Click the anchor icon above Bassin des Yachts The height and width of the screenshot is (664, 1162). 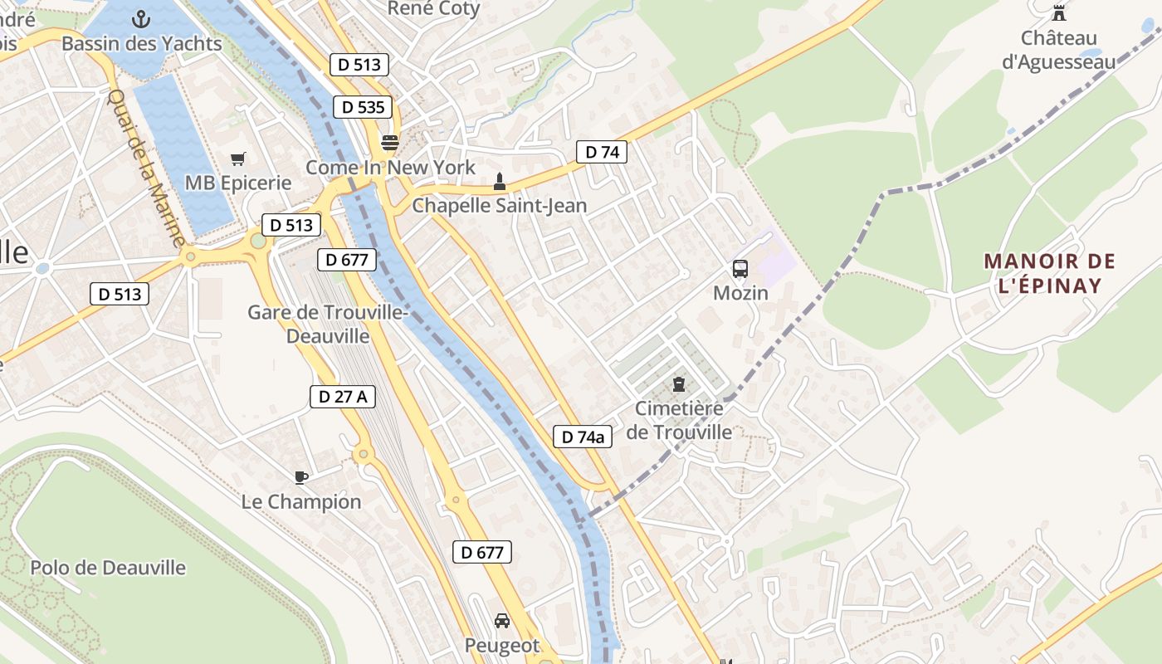pos(141,18)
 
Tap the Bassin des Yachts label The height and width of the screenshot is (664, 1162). pos(142,43)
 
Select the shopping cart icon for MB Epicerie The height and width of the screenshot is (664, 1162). pos(238,159)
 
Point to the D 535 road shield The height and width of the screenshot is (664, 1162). pos(363,106)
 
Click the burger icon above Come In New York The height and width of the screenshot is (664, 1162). pos(389,142)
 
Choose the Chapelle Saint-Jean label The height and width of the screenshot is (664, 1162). pos(499,205)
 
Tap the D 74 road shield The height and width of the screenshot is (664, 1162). pos(602,152)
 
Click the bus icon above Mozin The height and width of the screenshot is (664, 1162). pos(740,269)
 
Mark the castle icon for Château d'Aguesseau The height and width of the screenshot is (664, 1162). pos(1059,13)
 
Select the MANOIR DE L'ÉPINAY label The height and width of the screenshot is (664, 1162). pos(1050,273)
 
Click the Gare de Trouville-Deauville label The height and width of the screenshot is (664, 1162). pos(327,324)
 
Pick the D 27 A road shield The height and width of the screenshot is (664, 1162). pos(343,397)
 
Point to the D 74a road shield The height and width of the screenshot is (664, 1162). pos(583,437)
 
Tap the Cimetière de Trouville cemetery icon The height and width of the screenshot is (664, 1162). pos(679,384)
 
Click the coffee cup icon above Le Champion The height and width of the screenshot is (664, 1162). pos(301,477)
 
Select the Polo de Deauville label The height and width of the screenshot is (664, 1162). pos(108,568)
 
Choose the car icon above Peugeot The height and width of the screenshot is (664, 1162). pos(502,621)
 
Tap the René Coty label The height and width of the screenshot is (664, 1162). pos(434,8)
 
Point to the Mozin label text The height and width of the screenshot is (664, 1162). pos(741,293)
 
